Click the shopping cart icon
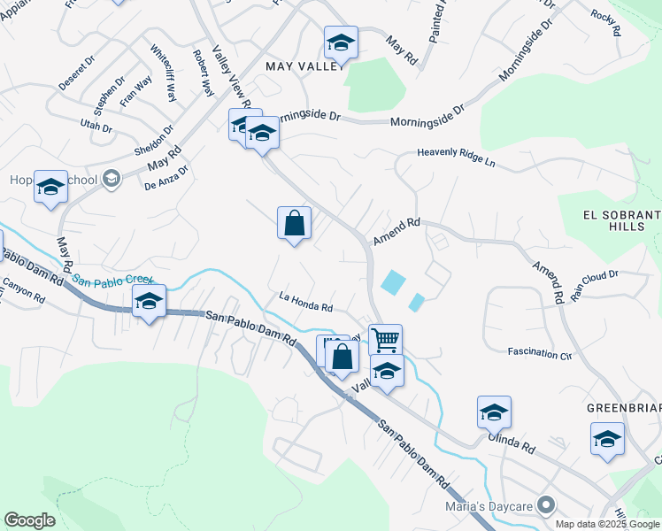pyautogui.click(x=385, y=339)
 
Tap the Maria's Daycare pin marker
pyautogui.click(x=547, y=505)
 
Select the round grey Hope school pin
pyautogui.click(x=111, y=180)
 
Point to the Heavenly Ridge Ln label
pyautogui.click(x=469, y=157)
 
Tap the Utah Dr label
pyautogui.click(x=96, y=127)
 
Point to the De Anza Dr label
pyautogui.click(x=167, y=177)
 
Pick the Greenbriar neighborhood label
pyautogui.click(x=624, y=408)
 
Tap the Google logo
pyautogui.click(x=30, y=520)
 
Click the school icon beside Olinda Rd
pyautogui.click(x=494, y=412)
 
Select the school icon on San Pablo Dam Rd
pyautogui.click(x=149, y=302)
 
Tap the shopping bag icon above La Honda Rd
pyautogui.click(x=294, y=223)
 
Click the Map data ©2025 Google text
pyautogui.click(x=607, y=523)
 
